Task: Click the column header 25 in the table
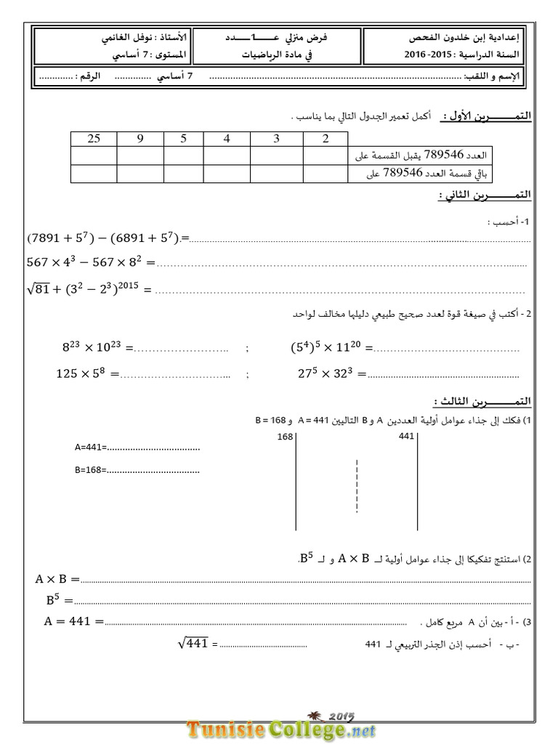[94, 139]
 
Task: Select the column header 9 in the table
[140, 139]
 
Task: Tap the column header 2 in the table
[325, 139]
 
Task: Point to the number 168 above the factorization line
[286, 437]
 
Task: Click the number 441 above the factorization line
[406, 437]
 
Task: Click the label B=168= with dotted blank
[137, 469]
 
